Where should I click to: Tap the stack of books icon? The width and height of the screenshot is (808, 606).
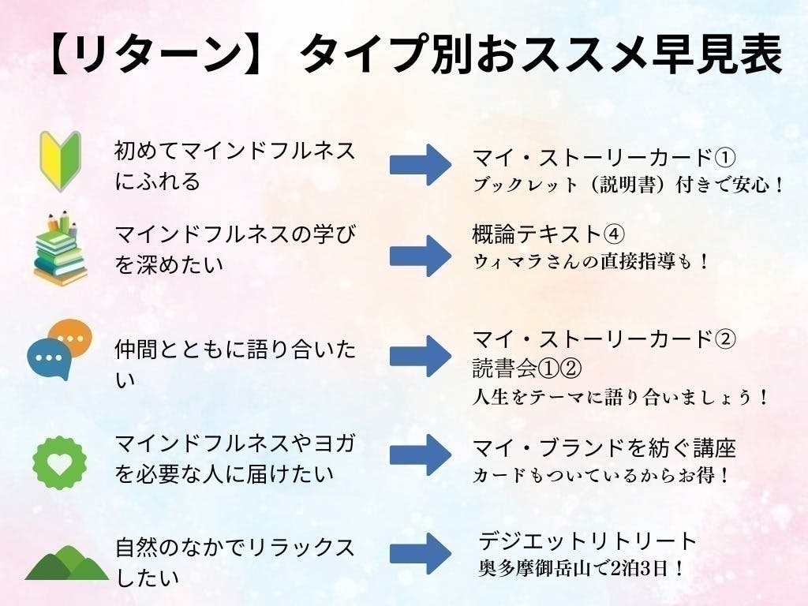(60, 249)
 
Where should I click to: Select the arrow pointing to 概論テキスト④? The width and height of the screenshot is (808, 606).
(420, 255)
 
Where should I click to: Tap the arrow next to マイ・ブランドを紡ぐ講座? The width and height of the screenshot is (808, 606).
(420, 455)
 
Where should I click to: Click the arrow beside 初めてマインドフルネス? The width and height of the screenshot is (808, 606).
(420, 164)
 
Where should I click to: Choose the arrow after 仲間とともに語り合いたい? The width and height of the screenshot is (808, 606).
(420, 357)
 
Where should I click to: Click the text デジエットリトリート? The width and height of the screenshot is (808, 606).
(588, 541)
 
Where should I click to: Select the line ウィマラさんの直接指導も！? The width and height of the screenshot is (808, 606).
(592, 260)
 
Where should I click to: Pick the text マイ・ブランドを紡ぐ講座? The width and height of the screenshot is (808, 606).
(604, 449)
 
